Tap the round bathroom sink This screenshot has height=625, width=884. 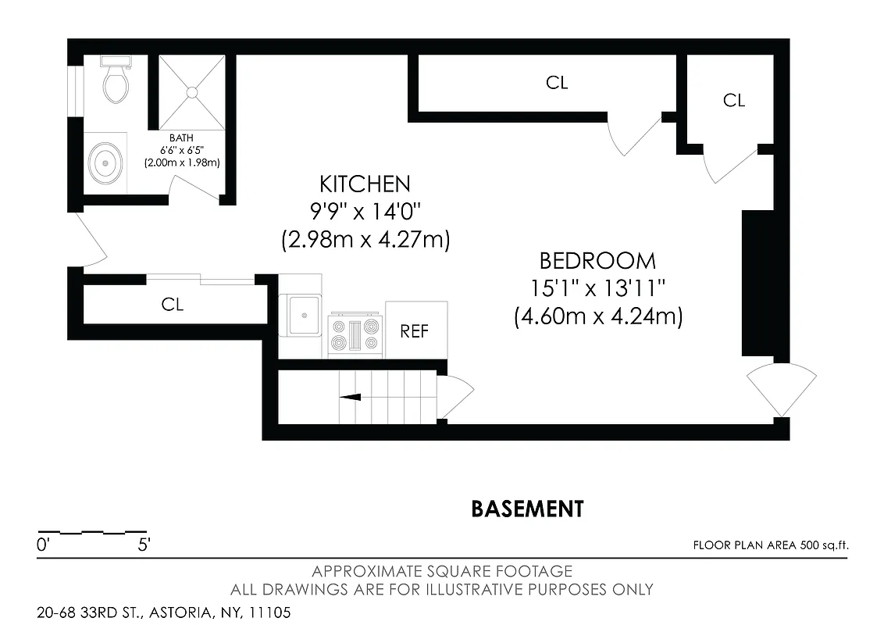coord(105,163)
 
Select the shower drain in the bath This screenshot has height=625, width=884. coord(191,92)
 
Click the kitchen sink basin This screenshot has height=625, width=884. coord(301,314)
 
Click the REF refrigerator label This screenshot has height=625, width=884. coord(415,330)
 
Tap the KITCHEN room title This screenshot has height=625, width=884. coord(365,184)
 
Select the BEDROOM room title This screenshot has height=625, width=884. coord(597,261)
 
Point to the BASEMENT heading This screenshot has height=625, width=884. coord(527,509)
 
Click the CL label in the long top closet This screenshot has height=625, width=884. coord(557,83)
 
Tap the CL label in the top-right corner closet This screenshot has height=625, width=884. coord(734,100)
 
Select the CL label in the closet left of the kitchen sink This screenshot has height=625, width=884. coord(173,305)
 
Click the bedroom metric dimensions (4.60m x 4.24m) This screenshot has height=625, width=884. coord(598,317)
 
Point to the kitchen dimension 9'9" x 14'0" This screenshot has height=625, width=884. coord(365,212)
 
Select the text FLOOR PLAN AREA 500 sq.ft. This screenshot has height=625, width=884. coord(770,545)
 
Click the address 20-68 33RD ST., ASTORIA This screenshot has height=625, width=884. coord(163,612)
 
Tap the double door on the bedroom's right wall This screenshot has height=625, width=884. coord(781,389)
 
